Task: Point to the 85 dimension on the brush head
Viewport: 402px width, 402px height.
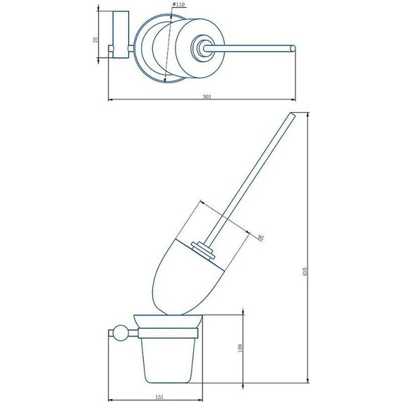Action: point(262,238)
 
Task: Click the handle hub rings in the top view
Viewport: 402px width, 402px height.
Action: point(205,49)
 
